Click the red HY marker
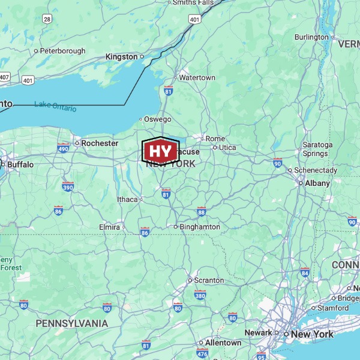[160, 151]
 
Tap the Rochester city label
[100, 143]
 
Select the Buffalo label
[20, 164]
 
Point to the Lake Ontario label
[55, 106]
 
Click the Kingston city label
[121, 56]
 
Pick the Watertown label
[197, 78]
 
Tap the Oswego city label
[157, 119]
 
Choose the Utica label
[227, 148]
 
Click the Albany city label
[317, 183]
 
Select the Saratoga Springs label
[317, 149]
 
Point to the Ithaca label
[127, 199]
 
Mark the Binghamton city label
[200, 227]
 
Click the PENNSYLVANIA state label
[72, 323]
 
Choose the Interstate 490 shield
[64, 148]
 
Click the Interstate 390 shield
[68, 187]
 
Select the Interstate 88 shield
[201, 211]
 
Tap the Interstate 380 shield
[200, 295]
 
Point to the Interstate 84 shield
[305, 272]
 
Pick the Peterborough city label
[62, 51]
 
